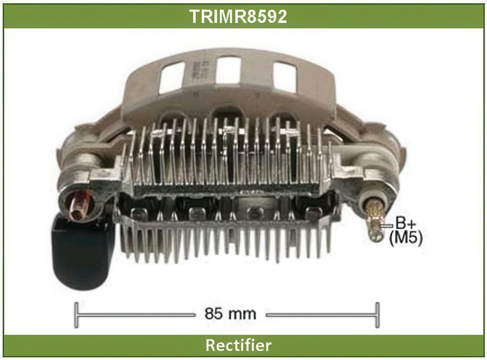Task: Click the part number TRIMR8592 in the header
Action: [x=238, y=17]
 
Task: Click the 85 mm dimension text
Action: [x=230, y=314]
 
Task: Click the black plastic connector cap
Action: [x=83, y=253]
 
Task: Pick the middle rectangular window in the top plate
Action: [x=228, y=70]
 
